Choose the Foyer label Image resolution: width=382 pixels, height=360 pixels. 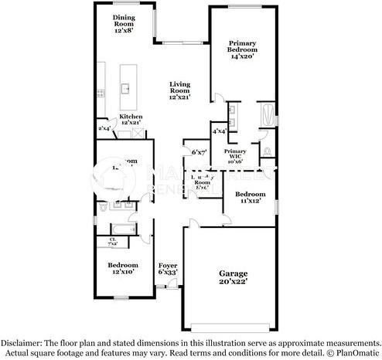coord(168,268)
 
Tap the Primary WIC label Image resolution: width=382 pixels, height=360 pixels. coord(235,155)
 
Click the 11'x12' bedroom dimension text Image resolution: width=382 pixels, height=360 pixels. coord(250,202)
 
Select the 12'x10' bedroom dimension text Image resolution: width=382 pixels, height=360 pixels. coord(124,271)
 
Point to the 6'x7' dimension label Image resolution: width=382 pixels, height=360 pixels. coord(199,152)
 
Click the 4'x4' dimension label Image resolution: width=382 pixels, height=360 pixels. coord(219,131)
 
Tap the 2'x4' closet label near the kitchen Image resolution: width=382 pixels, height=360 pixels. coord(104,128)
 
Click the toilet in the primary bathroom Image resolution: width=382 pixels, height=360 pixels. coord(267,149)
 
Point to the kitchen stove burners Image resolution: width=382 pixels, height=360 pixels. coord(101,93)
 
